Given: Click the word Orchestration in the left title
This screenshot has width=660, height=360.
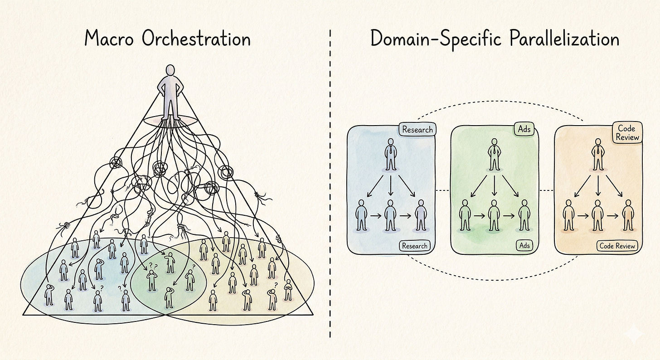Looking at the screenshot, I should coord(196,39).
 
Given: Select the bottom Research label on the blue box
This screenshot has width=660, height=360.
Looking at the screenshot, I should coord(414,246).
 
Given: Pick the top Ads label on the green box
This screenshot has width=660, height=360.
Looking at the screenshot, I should coord(524,129).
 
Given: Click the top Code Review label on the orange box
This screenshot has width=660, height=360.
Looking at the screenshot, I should coord(628,132).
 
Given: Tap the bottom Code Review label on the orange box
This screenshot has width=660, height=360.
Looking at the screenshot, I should coord(617,246).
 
